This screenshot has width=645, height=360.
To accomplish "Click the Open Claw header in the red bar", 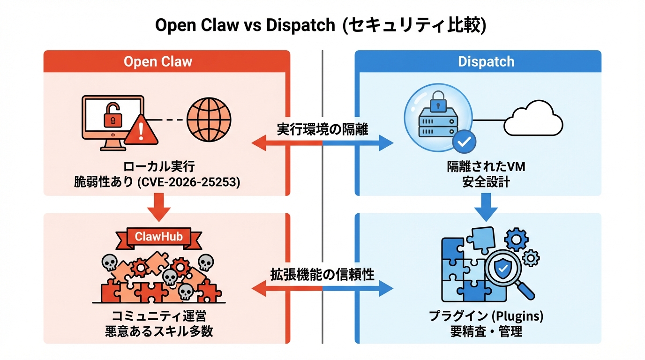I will pos(157,62).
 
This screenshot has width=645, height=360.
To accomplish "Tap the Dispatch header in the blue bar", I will pos(486,62).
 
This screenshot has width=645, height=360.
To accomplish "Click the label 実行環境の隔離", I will pos(322,129).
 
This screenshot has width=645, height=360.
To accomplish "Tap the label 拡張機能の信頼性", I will pos(322,275).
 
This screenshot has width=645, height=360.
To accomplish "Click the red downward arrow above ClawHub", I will pos(158,207).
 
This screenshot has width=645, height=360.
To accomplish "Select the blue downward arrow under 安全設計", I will pos(486,207).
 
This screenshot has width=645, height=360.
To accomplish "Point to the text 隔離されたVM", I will pos(486,167).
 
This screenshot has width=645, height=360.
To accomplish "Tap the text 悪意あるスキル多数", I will pos(158,332).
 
